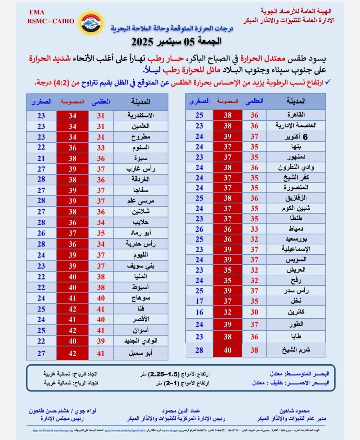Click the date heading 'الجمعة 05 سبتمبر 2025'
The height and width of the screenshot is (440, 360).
pos(176,42)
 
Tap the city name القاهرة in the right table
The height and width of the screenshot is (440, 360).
pos(296,115)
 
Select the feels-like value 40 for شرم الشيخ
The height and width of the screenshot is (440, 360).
pos(228,350)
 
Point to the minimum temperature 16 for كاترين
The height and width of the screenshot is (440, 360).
pos(199,312)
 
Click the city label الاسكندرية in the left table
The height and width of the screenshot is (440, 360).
pos(140,115)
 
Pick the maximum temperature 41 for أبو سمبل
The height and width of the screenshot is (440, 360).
pos(101,353)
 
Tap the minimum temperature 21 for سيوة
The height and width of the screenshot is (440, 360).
pos(41,158)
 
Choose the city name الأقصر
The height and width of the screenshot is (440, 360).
pos(141,319)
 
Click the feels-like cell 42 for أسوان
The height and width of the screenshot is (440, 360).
pos(72,330)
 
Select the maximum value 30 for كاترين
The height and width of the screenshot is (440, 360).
pos(254,312)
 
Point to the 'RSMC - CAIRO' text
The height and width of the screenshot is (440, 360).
pos(51,21)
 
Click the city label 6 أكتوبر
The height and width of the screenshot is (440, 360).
pos(296,136)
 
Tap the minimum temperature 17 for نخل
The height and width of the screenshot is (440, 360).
pos(199,301)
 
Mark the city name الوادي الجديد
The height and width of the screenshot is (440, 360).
pos(141,341)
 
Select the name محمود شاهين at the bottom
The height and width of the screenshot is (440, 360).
pos(295,411)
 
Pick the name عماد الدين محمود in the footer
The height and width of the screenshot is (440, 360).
pos(181,411)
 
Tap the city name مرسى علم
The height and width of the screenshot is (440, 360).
pos(141,201)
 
